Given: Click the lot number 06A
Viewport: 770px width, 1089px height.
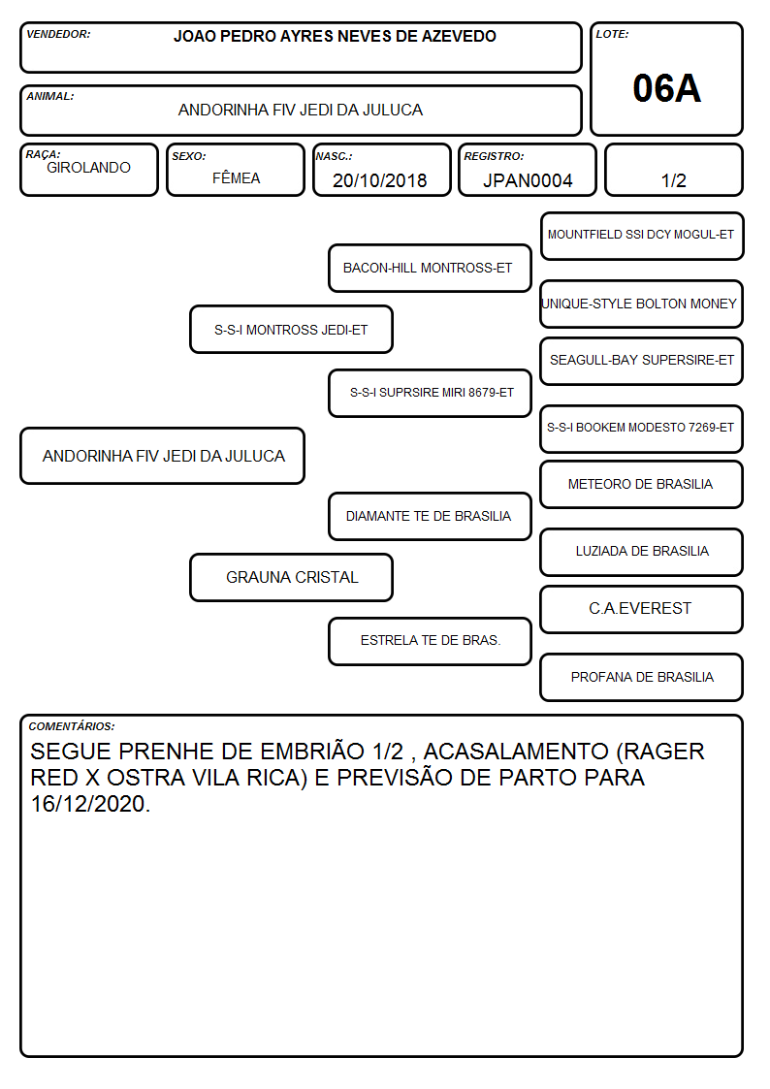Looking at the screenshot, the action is pos(666,88).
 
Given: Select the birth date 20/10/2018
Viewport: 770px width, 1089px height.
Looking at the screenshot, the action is pos(380,180).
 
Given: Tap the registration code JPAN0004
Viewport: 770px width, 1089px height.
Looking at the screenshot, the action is pos(528,180).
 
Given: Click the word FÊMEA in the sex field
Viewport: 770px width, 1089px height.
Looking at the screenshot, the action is pos(236,177).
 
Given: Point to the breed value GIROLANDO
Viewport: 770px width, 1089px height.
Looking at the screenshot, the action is pos(88,168).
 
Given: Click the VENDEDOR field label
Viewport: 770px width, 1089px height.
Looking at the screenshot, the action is pos(58,34).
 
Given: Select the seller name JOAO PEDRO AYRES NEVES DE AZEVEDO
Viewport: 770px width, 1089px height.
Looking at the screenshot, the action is pos(335,36).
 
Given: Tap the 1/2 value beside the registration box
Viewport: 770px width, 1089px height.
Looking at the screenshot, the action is pos(673,180).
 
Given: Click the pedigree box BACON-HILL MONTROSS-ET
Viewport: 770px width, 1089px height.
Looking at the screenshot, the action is pos(430,268).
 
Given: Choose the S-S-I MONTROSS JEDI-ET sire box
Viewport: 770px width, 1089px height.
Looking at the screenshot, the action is pos(291,329).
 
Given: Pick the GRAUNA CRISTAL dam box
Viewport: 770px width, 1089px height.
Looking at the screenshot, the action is pos(291,577).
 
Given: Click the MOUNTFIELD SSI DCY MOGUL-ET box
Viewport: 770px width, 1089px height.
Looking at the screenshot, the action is pos(642,236).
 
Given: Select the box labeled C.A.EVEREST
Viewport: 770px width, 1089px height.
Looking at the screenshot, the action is pos(642,609).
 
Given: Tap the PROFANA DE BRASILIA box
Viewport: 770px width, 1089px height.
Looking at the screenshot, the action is pos(642,677).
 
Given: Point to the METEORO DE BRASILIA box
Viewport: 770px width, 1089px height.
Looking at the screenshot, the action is pos(642,484).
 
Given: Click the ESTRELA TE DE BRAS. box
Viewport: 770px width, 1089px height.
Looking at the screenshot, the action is pos(430,641).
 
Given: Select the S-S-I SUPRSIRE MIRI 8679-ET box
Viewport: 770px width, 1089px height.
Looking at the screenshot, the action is pos(430,393).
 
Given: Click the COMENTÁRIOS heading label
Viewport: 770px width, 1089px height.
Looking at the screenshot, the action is pos(72,726).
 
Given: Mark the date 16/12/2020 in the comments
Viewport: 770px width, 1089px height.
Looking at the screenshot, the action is pos(89,804).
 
